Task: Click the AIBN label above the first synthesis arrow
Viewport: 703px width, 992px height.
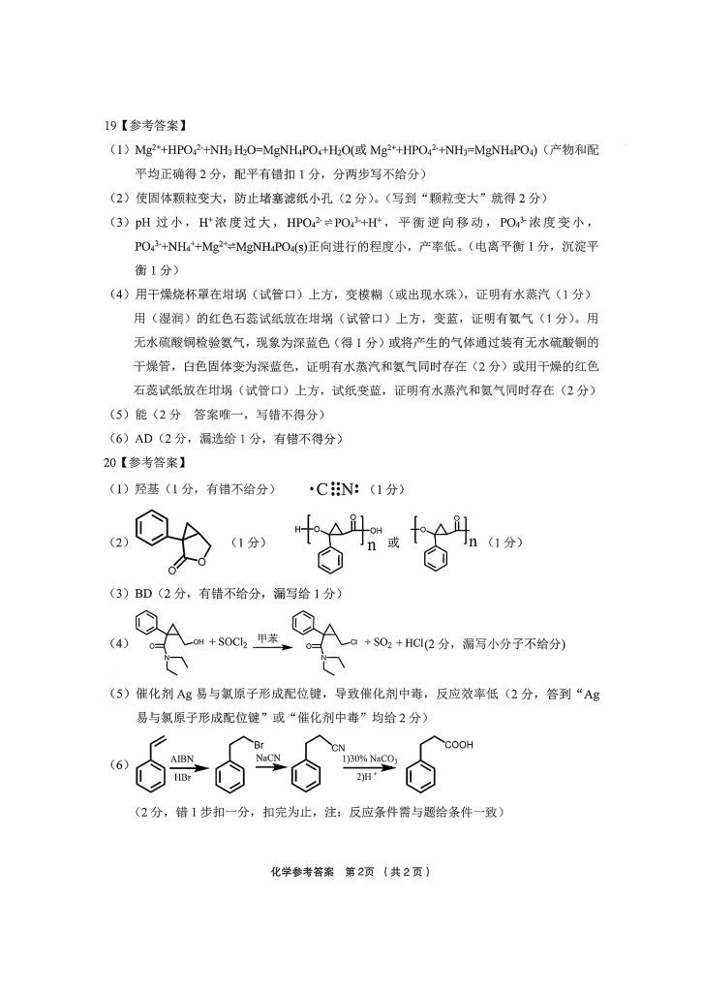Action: click(x=182, y=759)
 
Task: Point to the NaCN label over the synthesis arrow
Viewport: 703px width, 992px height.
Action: click(x=268, y=759)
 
